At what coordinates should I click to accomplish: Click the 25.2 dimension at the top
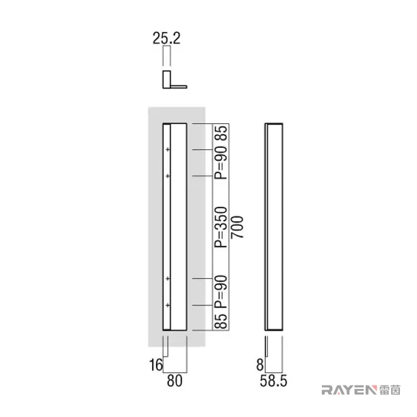coord(166,38)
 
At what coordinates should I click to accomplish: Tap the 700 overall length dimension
coord(237,227)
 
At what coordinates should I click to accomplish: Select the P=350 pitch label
coord(221,227)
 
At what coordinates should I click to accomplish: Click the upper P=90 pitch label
coord(221,162)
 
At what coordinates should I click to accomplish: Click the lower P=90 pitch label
coord(221,292)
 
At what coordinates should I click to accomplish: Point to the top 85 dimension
coord(221,133)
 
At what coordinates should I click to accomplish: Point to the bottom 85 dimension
coord(221,321)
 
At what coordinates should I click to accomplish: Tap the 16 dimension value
coord(156,365)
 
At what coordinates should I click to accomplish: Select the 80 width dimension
coord(175,381)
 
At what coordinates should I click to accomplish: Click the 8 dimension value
coord(260,365)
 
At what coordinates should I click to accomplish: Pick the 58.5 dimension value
coord(273,381)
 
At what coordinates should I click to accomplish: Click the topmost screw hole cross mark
coord(168,149)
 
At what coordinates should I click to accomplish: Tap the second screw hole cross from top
coord(168,176)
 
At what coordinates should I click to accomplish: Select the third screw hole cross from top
coord(168,279)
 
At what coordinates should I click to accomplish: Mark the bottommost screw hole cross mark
coord(168,305)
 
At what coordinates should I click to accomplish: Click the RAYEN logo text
coord(349,390)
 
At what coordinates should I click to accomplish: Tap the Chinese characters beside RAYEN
coord(390,390)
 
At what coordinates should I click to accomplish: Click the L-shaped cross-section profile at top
coord(166,80)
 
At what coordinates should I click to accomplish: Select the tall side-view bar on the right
coord(274,227)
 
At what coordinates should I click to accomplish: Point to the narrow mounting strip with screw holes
coord(166,227)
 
